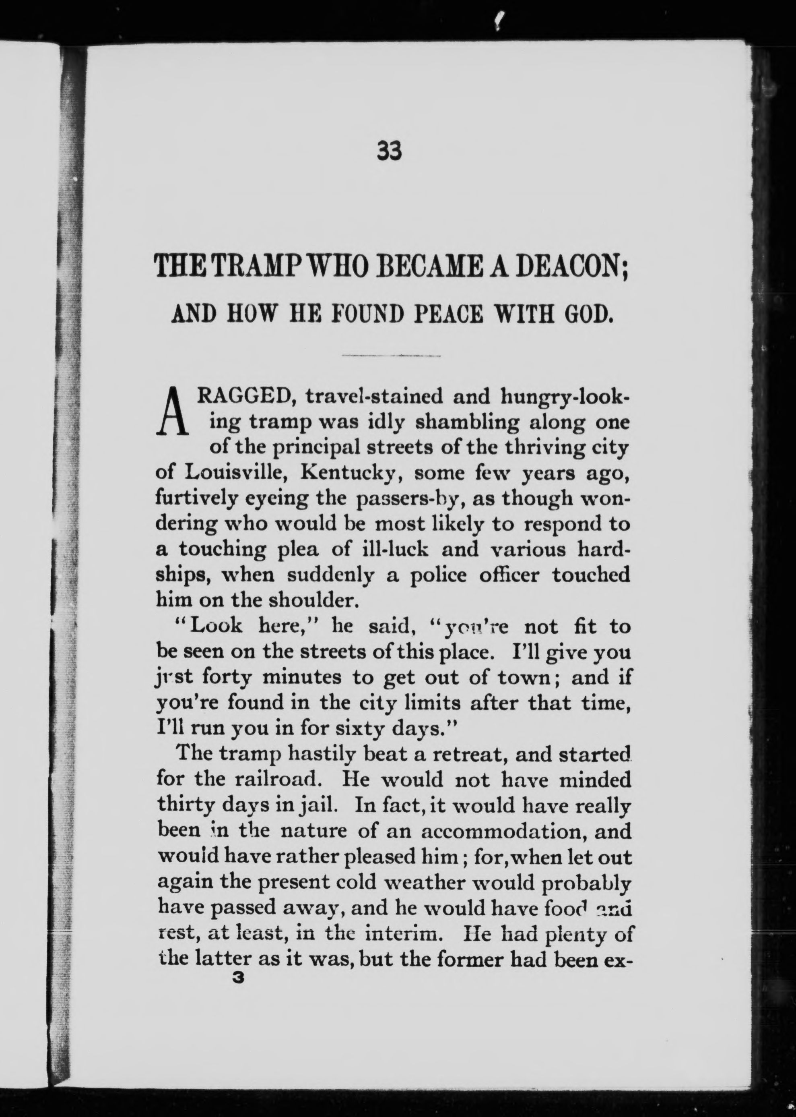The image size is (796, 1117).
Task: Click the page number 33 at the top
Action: [x=389, y=151]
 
